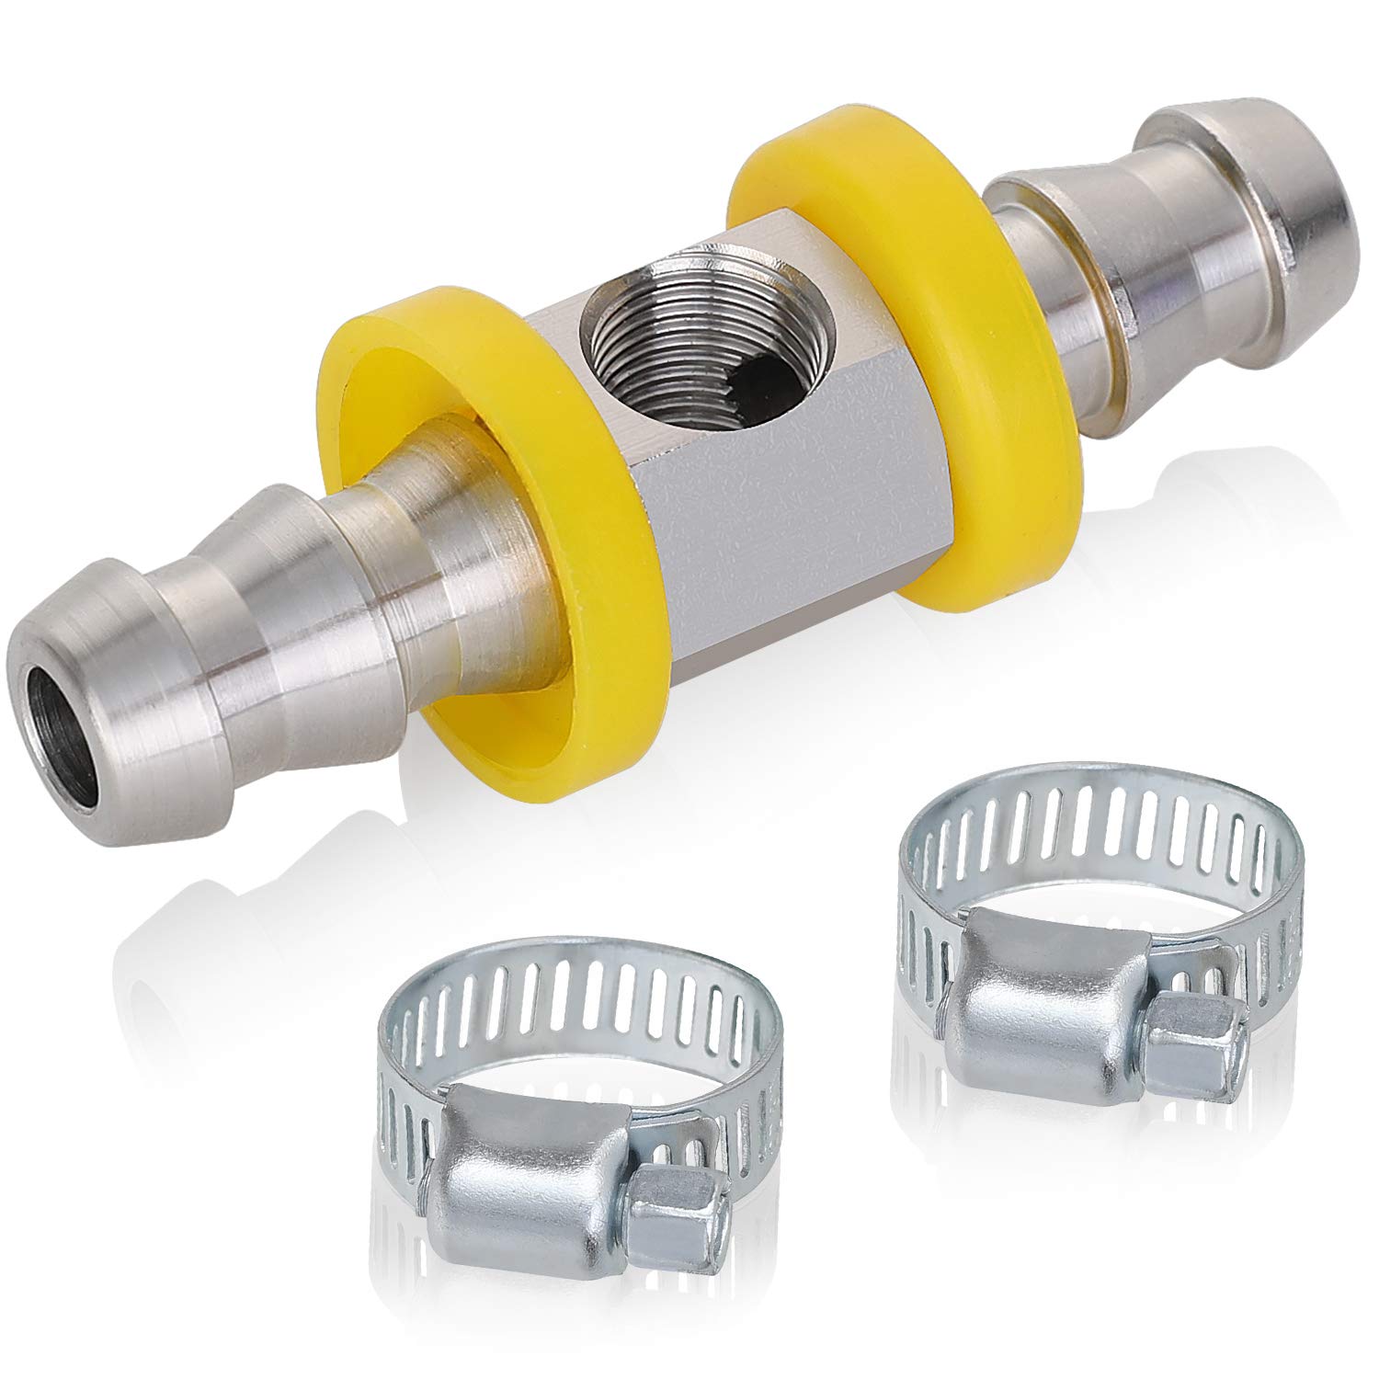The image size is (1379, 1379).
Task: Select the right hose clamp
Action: (x=1094, y=919)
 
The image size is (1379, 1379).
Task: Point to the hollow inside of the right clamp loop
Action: (x=1085, y=873)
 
